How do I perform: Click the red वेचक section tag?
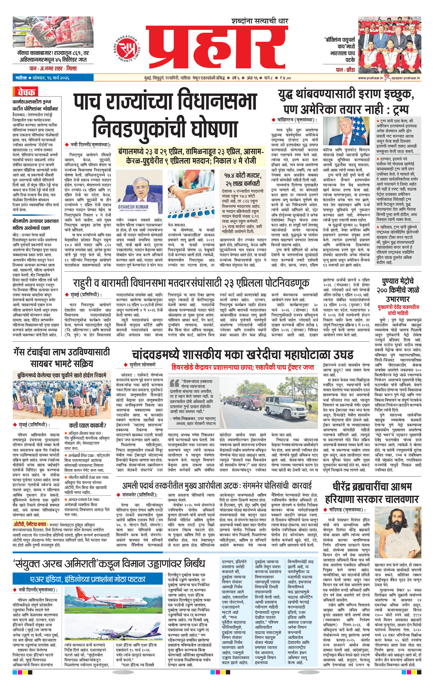point(26,92)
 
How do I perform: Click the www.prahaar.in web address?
point(370,78)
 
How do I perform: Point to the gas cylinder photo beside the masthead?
point(53,32)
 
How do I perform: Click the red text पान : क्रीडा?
point(345,70)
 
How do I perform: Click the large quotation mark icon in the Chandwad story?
point(174,383)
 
